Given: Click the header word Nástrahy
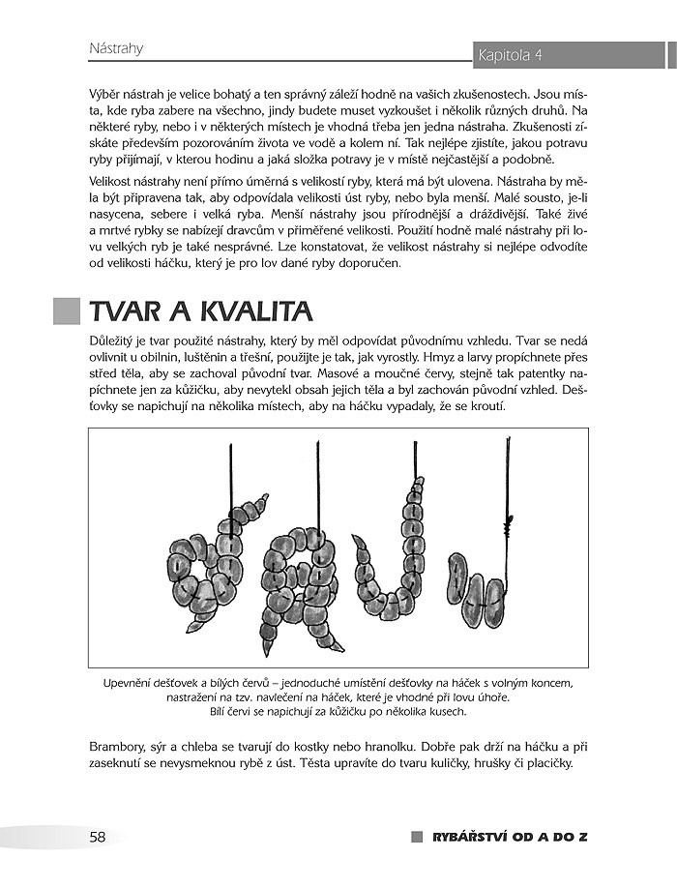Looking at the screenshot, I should [x=116, y=46].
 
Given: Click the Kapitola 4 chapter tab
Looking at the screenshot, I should [x=510, y=55].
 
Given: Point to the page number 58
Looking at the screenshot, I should [x=98, y=837].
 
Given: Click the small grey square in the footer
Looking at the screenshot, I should [x=417, y=837].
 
